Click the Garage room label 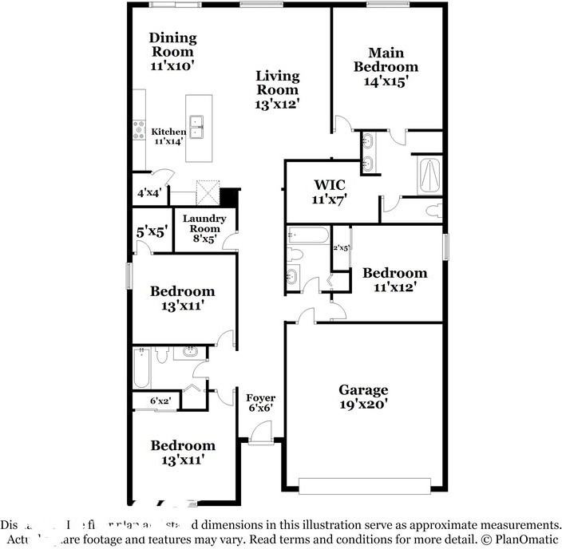coord(363,390)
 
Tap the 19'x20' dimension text coord(363,405)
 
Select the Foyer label coord(260,397)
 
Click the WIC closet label coord(328,185)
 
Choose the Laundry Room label coord(204,223)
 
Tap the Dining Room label coord(172,45)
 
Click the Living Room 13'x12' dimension coord(278,103)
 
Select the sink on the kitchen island coord(199,124)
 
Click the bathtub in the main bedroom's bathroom coord(429,175)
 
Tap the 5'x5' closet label coord(150,232)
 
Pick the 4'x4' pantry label coord(149,192)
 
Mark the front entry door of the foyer coord(260,434)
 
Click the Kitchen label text coord(168,132)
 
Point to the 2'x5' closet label coord(341,248)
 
